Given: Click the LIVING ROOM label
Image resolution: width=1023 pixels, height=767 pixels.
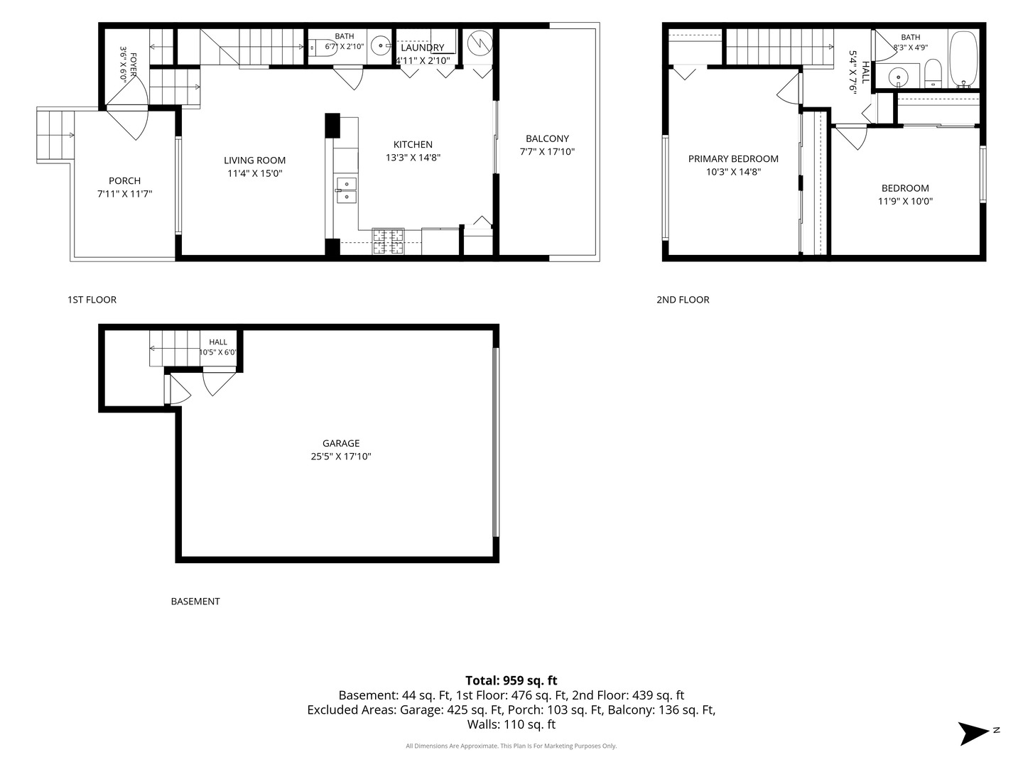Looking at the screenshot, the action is click(x=254, y=161).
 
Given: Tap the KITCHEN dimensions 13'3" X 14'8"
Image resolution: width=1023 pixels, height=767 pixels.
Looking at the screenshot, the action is click(x=413, y=158).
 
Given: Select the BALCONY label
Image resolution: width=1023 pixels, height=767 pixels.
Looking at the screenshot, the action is click(x=547, y=138).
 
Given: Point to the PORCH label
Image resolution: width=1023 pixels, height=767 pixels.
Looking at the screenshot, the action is click(x=124, y=180).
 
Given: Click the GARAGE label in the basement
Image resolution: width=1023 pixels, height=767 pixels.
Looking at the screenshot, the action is click(x=341, y=443).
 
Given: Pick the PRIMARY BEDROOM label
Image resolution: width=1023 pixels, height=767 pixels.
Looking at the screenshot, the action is click(x=733, y=159).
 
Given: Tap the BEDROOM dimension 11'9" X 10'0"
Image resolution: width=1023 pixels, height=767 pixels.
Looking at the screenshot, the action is click(x=905, y=202).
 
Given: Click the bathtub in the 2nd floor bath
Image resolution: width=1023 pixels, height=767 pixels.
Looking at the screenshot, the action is click(x=963, y=60).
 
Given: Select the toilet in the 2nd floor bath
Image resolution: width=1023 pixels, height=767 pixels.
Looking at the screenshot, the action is click(x=933, y=73).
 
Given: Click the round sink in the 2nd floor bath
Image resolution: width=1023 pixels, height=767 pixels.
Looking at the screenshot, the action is click(x=898, y=77).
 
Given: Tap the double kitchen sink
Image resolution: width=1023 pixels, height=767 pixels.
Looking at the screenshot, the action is click(x=346, y=191).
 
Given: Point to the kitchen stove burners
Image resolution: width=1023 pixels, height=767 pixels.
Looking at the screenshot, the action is click(x=388, y=241).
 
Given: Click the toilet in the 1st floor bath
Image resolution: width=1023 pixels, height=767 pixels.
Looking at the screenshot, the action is click(x=323, y=48).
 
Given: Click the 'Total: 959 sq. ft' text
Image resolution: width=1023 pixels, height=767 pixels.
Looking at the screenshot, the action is click(x=511, y=680).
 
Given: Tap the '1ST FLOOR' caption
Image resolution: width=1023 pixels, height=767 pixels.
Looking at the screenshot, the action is click(x=92, y=300).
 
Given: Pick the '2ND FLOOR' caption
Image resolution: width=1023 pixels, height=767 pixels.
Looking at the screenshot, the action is click(x=683, y=300).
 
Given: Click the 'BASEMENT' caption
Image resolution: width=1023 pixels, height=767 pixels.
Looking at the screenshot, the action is click(x=195, y=602).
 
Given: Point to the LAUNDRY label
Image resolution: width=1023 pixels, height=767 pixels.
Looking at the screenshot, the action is click(x=423, y=48).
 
